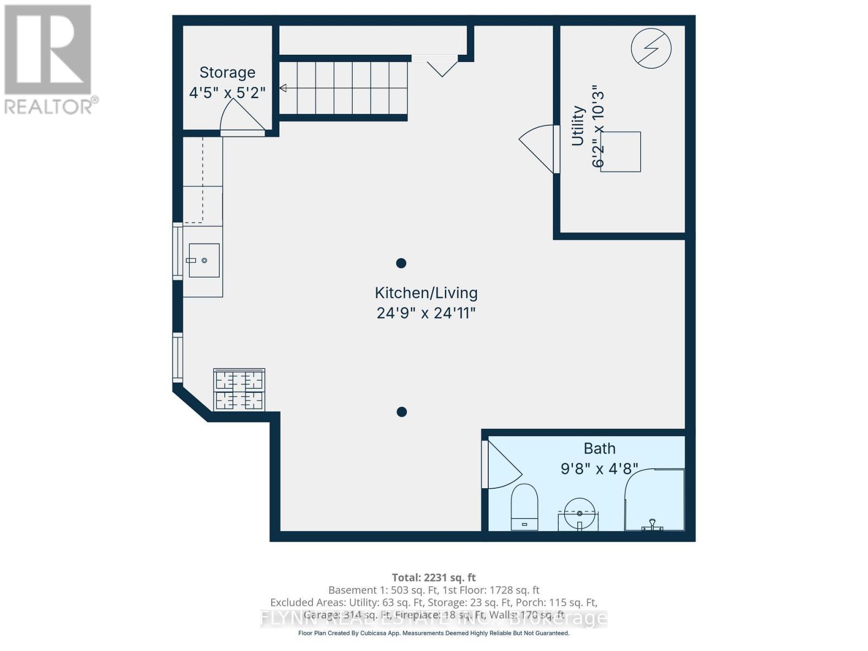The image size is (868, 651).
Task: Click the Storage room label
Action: coord(227,72)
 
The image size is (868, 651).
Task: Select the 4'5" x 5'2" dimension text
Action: coord(227,93)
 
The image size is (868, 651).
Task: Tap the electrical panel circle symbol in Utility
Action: coord(651,48)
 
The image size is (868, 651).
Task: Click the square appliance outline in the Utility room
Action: coord(621,152)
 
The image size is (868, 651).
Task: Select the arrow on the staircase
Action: coord(283,88)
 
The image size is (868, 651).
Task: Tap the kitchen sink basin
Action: coord(204,260)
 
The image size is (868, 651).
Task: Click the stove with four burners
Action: coord(239,390)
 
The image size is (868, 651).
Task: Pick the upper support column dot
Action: coord(401,263)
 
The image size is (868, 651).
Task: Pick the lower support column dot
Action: coord(402,412)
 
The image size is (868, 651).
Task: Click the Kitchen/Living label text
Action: coord(426,293)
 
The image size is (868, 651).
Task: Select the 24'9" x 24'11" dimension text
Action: coord(426,313)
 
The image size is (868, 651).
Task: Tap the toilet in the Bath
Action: coord(524,508)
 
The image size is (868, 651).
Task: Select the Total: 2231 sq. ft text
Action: coord(433,577)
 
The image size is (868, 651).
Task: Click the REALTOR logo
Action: coord(49,60)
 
